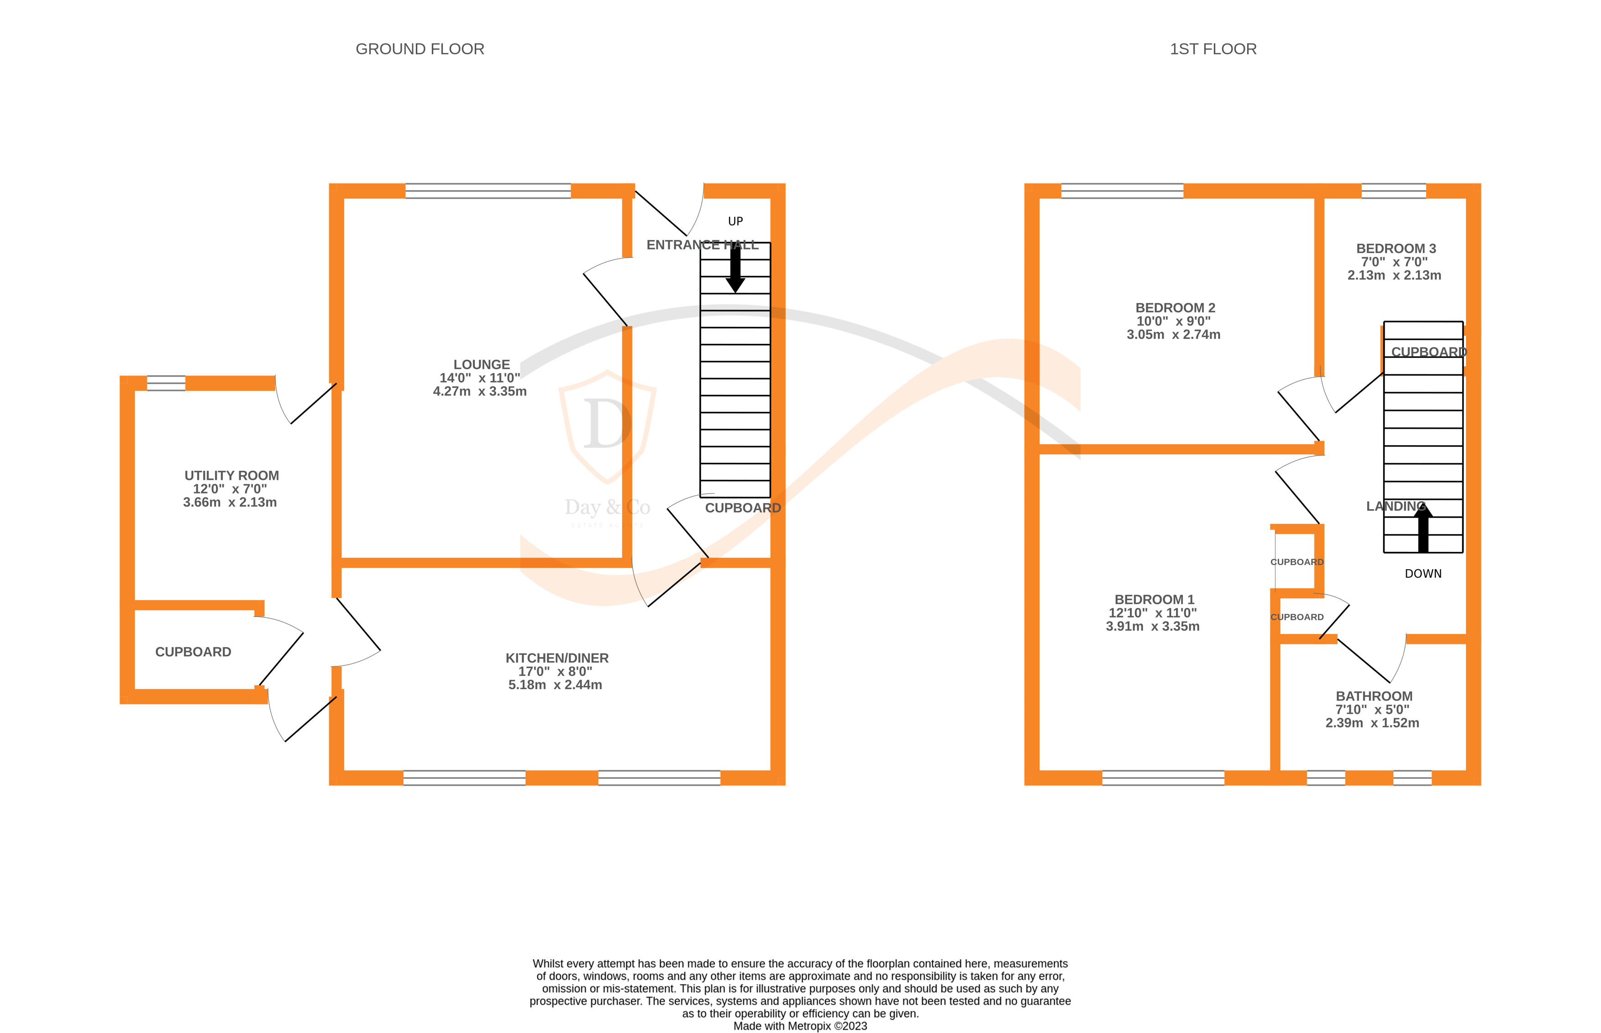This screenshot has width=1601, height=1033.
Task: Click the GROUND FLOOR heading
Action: (420, 49)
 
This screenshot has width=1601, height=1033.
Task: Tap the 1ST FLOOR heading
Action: (1213, 49)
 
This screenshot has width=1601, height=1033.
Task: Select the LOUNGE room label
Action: (481, 365)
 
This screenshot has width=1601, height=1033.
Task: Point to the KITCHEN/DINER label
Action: (556, 658)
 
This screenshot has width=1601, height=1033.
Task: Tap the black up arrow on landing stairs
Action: (1423, 529)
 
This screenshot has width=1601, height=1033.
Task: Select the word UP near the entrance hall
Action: (735, 221)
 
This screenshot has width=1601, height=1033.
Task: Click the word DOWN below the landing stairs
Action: (1423, 574)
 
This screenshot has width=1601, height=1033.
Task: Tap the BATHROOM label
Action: (1374, 696)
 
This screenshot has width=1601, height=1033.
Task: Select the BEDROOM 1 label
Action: (1154, 600)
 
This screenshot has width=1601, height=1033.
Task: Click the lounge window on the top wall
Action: (488, 191)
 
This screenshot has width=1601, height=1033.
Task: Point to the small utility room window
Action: (166, 383)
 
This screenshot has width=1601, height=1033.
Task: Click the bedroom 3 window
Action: (1393, 191)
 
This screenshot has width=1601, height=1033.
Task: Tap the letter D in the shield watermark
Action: (607, 424)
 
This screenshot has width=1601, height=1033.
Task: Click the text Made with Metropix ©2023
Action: (799, 1026)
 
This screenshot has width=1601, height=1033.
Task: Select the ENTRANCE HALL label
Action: (702, 245)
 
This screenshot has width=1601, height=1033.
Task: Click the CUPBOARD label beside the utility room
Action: (193, 652)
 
